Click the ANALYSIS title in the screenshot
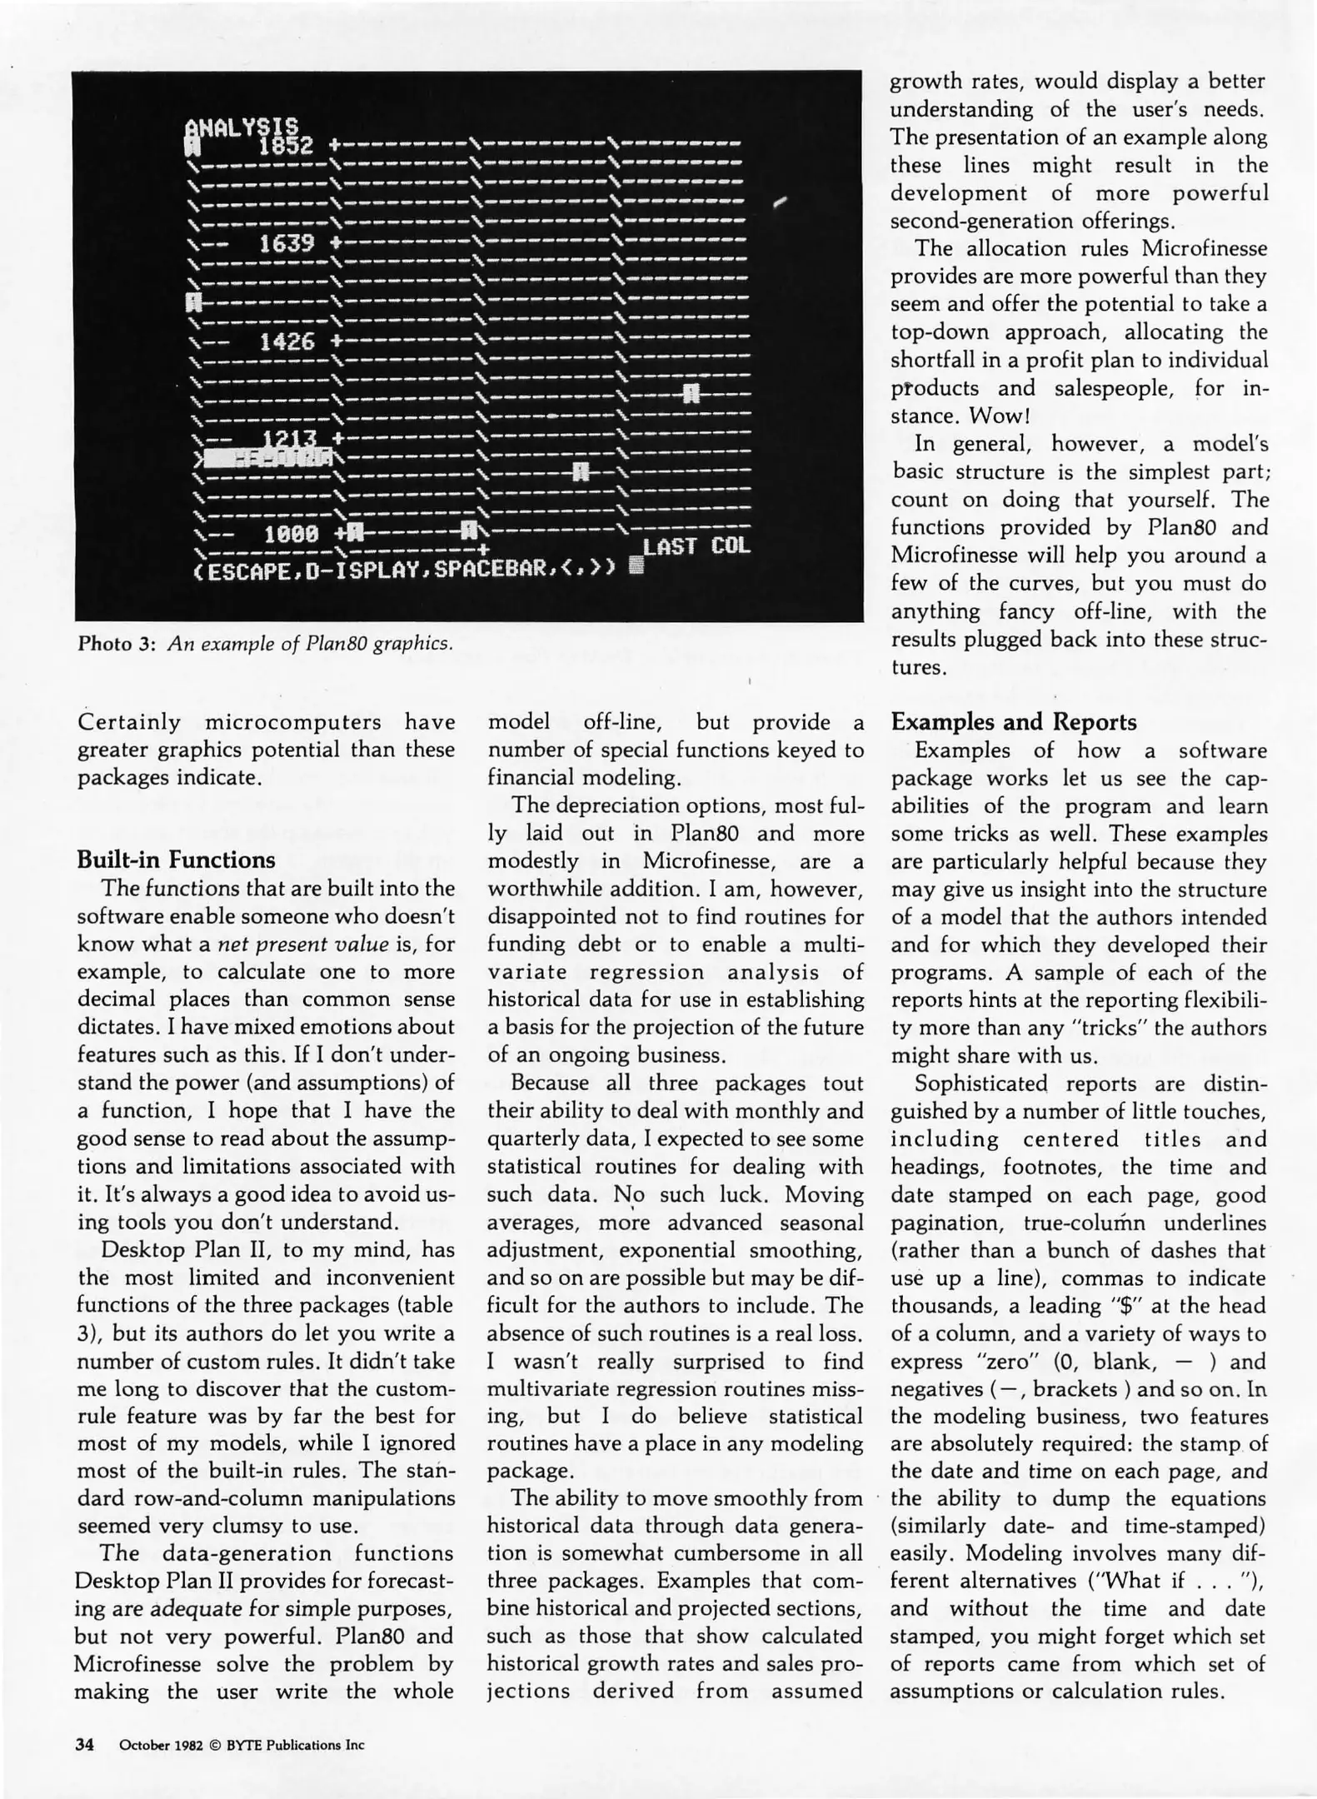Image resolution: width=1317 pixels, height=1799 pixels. click(x=242, y=127)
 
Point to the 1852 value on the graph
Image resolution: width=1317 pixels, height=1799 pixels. click(x=286, y=147)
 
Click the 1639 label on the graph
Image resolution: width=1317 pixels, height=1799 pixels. click(x=287, y=244)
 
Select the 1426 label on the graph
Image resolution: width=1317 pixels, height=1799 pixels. click(x=287, y=341)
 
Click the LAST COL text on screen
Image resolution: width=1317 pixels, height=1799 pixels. click(x=696, y=546)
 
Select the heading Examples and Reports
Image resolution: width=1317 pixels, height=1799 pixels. click(x=1013, y=722)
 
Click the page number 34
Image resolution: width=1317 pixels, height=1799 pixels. click(x=85, y=1744)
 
